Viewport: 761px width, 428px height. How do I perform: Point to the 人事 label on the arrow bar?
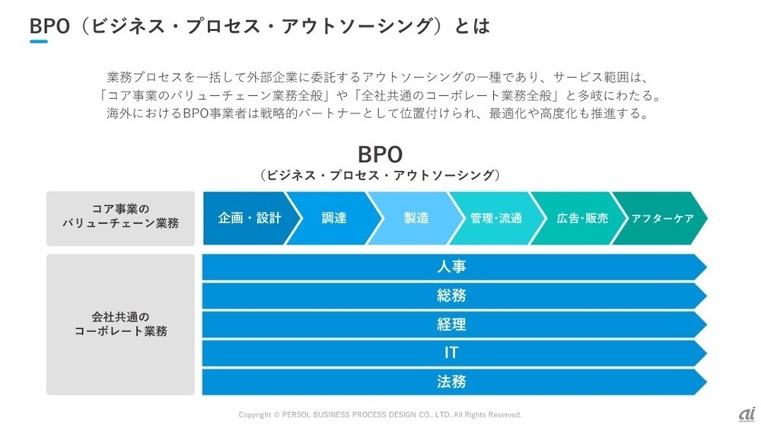point(451,267)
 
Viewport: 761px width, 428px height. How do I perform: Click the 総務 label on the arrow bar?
point(451,295)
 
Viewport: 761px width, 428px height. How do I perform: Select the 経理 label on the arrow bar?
point(451,324)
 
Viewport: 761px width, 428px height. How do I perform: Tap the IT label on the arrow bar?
point(451,353)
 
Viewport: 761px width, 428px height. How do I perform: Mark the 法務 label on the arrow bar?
point(451,382)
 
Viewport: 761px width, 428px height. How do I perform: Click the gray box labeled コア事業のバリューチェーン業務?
point(120,218)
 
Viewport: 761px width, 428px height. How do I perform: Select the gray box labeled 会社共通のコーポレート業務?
point(120,324)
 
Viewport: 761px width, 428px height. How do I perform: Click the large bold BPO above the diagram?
point(380,155)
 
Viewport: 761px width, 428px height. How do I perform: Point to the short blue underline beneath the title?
point(39,42)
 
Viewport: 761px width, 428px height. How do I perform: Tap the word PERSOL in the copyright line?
point(296,415)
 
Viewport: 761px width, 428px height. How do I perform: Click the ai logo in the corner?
point(747,414)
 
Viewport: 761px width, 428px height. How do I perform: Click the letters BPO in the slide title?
point(49,26)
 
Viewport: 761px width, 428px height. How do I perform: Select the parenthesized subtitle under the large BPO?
point(380,175)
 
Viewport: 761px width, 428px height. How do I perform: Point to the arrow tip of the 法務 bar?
point(706,382)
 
